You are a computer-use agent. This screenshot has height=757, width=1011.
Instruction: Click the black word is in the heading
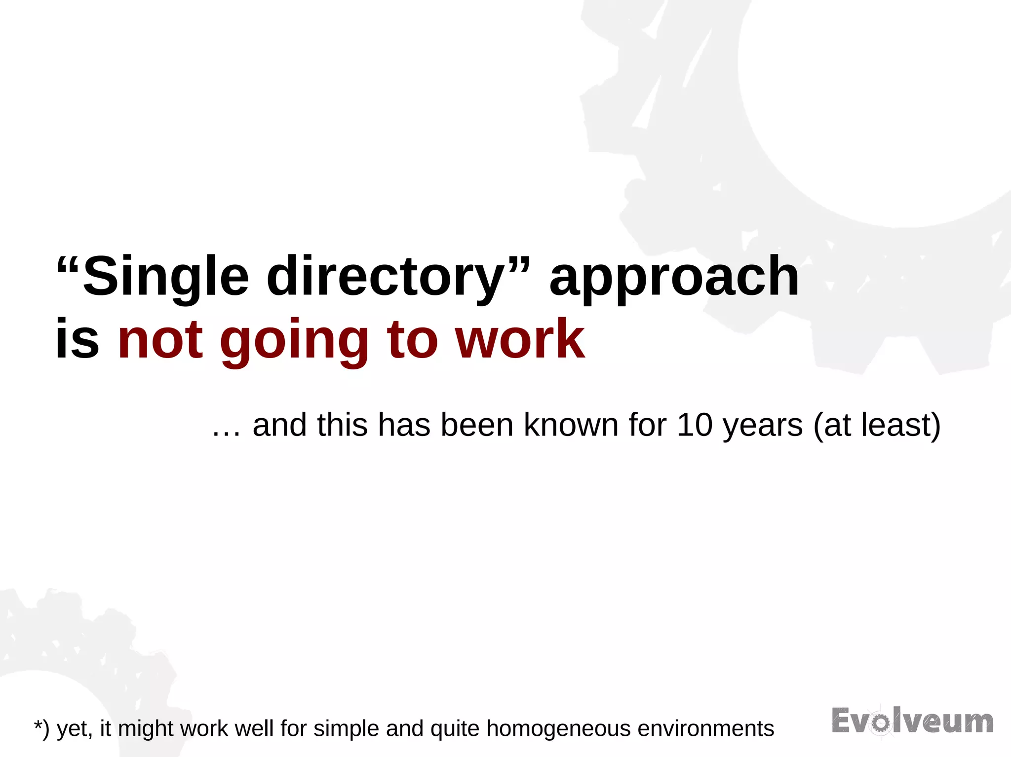pyautogui.click(x=77, y=339)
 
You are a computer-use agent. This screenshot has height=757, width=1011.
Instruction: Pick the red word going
pyautogui.click(x=294, y=340)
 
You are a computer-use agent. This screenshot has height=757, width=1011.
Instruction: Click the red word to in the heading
pyautogui.click(x=413, y=339)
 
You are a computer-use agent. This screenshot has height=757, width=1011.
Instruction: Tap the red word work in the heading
pyautogui.click(x=520, y=339)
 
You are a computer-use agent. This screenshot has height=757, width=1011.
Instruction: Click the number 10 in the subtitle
pyautogui.click(x=695, y=425)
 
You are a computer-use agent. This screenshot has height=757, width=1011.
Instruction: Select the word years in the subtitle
pyautogui.click(x=763, y=426)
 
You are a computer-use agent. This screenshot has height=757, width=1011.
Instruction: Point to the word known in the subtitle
pyautogui.click(x=571, y=425)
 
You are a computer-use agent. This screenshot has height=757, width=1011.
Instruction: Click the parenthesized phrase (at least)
pyautogui.click(x=877, y=426)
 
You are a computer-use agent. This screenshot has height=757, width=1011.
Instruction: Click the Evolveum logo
pyautogui.click(x=912, y=721)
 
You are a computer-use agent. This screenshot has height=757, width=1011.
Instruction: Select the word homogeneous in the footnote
pyautogui.click(x=558, y=729)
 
